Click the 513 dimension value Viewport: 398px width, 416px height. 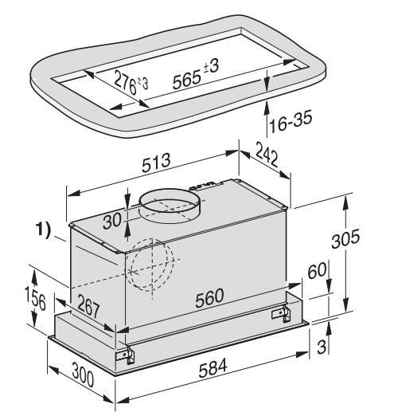click(x=156, y=163)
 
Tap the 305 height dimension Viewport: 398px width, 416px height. click(x=345, y=238)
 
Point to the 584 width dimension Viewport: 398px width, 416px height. click(x=213, y=367)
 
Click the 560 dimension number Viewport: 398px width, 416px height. click(x=209, y=297)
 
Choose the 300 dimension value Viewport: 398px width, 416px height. click(x=83, y=375)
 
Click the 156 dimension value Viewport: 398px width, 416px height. click(x=35, y=299)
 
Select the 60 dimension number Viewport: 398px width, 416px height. click(x=317, y=270)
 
